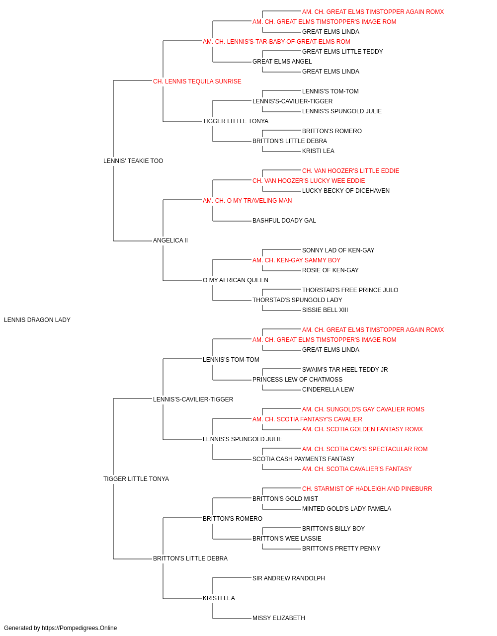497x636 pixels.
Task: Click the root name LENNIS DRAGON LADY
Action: (x=37, y=320)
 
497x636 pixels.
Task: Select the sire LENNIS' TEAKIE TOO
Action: (x=133, y=161)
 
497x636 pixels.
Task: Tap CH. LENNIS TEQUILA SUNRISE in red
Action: (x=197, y=81)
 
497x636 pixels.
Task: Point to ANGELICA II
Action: (x=170, y=240)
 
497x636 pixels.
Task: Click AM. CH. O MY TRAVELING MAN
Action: (x=248, y=200)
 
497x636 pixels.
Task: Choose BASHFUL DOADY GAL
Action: (x=284, y=221)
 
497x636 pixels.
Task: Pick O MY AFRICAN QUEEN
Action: (x=236, y=280)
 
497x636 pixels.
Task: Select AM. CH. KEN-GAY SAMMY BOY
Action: (x=297, y=260)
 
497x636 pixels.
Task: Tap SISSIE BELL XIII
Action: (x=325, y=310)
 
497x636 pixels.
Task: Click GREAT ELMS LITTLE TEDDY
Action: (x=342, y=52)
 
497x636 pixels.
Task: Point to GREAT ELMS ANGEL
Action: (x=282, y=62)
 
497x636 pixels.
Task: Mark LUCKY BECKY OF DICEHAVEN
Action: (x=346, y=190)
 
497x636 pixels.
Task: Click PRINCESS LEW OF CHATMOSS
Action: (x=297, y=380)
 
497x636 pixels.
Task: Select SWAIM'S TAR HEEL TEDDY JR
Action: (x=345, y=370)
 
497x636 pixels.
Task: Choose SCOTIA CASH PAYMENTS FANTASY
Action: (x=304, y=459)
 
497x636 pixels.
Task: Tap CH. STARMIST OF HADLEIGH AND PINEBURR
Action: (x=367, y=489)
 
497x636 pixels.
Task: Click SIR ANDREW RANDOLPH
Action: (x=289, y=578)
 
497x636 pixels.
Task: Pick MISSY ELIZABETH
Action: (x=279, y=618)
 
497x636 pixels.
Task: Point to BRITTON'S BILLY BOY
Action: (x=333, y=529)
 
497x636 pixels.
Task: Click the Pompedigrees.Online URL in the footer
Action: (x=80, y=628)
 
